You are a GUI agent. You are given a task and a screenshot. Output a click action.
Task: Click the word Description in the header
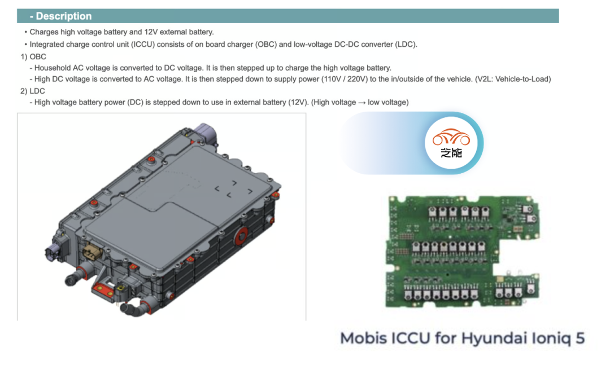pos(64,16)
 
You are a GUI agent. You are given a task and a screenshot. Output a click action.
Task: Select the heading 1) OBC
pos(33,57)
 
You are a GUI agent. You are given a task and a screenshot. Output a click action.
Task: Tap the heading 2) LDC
pos(33,91)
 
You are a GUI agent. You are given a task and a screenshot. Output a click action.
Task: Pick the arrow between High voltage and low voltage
pos(362,103)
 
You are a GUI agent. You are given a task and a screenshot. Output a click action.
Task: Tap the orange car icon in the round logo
pos(451,137)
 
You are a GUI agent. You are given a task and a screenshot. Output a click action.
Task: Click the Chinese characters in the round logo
pos(451,153)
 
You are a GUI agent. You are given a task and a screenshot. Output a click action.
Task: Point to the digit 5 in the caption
pos(579,338)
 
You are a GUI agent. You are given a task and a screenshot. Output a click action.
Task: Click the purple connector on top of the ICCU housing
pos(204,133)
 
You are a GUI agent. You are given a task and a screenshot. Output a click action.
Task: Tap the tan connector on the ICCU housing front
pos(93,252)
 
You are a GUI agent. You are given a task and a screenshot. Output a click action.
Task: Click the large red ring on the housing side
pos(242,236)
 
